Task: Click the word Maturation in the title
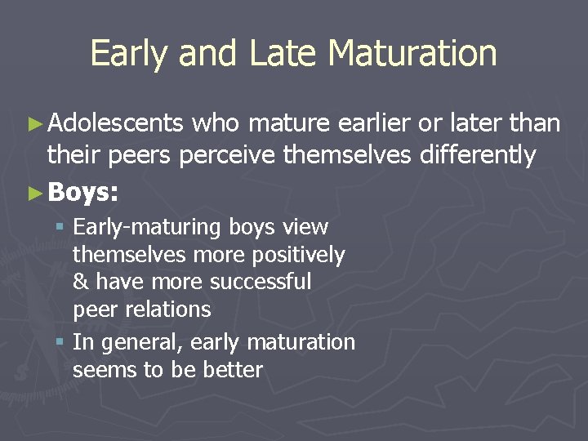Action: [x=412, y=54]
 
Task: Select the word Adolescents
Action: [x=115, y=123]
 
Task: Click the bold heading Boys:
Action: [x=83, y=193]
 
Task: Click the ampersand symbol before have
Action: [x=81, y=282]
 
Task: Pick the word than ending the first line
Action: [x=534, y=123]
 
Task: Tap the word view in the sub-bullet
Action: [x=304, y=227]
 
